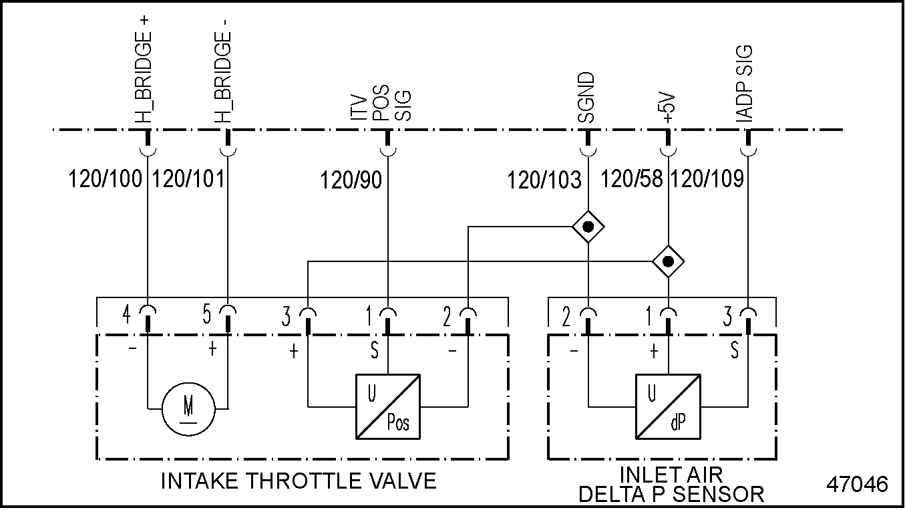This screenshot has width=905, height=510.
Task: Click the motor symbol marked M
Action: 188,408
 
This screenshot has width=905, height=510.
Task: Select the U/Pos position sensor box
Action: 388,407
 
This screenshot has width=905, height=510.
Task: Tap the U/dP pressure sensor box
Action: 668,407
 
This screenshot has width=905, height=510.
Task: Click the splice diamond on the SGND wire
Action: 588,228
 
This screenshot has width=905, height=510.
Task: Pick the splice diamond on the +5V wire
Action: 668,261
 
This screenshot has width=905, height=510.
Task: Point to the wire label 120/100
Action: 106,179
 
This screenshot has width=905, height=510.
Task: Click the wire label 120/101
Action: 189,179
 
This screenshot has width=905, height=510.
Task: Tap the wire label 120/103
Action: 544,179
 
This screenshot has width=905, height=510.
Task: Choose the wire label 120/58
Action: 633,179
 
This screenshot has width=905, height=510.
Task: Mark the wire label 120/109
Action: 707,179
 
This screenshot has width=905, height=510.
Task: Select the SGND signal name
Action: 586,98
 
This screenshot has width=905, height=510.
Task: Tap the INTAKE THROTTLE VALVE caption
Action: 299,481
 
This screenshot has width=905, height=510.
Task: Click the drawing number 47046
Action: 857,485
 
